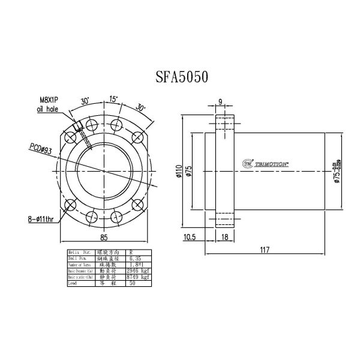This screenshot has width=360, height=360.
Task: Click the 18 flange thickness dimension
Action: [x=224, y=238]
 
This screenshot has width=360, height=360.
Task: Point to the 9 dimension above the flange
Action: [x=221, y=102]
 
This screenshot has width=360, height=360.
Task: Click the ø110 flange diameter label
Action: [x=179, y=172]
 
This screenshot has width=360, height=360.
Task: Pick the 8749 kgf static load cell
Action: [x=137, y=278]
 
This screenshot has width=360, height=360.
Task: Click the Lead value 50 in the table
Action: [x=133, y=284]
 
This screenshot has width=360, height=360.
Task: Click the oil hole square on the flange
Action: [x=79, y=125]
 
